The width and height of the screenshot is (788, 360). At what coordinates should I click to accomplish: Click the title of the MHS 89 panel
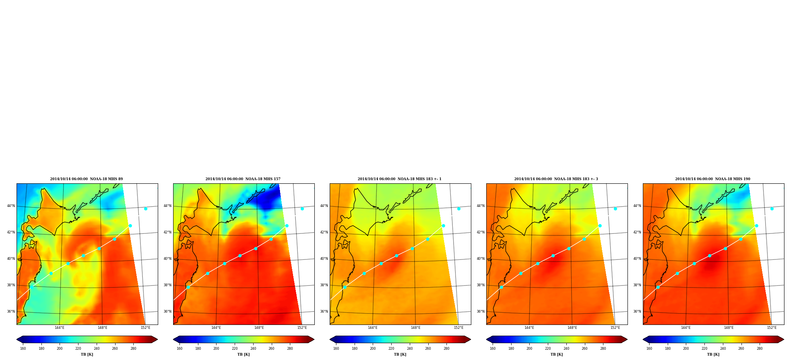(x=86, y=179)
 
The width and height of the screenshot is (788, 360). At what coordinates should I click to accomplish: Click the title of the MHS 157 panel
(x=243, y=179)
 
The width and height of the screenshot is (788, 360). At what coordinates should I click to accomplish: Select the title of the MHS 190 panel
(x=713, y=179)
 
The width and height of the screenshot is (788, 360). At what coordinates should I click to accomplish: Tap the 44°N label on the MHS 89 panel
(x=11, y=206)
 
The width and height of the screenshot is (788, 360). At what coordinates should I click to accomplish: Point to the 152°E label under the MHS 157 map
(x=302, y=328)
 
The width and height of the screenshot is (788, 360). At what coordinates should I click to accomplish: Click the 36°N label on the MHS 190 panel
(x=637, y=312)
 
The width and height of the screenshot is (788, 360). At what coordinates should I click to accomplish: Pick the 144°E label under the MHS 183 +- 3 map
(x=529, y=328)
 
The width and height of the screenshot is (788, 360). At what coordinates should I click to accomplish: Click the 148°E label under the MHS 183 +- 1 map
(x=416, y=328)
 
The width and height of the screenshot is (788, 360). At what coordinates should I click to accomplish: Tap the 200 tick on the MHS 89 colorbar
(x=60, y=349)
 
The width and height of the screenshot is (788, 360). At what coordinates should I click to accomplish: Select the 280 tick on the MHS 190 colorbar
(x=760, y=349)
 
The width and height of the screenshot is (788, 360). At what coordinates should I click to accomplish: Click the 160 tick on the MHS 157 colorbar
(x=179, y=349)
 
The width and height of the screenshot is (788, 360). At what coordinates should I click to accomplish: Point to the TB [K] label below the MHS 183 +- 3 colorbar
(x=557, y=354)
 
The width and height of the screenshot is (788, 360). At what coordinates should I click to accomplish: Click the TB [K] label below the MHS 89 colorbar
(x=87, y=354)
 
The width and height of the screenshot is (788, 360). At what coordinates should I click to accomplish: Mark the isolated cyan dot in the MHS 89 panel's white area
(x=146, y=209)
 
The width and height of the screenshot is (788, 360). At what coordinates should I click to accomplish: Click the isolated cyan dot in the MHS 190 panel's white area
(x=772, y=209)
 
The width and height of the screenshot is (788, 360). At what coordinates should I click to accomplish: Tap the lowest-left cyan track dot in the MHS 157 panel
(x=188, y=287)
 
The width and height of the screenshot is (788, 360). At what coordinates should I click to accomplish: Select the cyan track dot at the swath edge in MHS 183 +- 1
(x=443, y=226)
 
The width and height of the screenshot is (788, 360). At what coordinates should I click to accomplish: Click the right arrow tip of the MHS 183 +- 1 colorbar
(x=471, y=339)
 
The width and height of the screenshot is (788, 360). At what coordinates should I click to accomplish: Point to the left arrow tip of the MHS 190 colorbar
(x=643, y=339)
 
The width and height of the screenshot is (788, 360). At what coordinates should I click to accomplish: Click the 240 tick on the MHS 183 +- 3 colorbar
(x=566, y=349)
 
